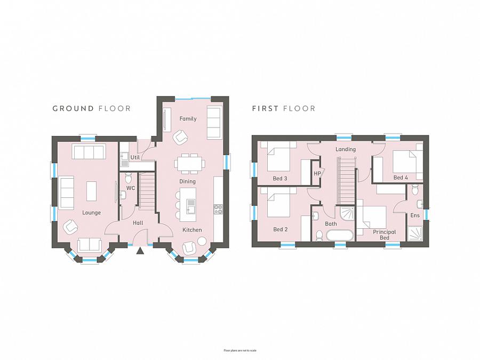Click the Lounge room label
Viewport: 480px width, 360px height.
tap(91, 212)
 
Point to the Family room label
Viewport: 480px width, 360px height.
tap(188, 118)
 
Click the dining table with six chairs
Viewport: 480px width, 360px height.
tap(190, 163)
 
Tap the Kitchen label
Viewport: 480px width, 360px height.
tap(192, 230)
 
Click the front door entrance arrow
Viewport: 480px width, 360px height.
tap(140, 250)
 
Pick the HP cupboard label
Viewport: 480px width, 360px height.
tap(317, 173)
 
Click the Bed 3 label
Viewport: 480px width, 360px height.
tap(281, 178)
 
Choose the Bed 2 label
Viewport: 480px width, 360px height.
tap(281, 229)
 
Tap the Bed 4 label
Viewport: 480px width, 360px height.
tap(401, 177)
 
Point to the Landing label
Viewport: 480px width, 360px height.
tap(345, 149)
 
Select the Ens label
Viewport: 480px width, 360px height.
tap(415, 215)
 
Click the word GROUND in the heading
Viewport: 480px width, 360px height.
tap(74, 108)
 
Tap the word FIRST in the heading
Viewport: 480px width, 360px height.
tap(265, 108)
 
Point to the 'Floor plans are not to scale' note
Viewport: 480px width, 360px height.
tap(240, 350)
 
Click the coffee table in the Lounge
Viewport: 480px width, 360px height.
tap(92, 191)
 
